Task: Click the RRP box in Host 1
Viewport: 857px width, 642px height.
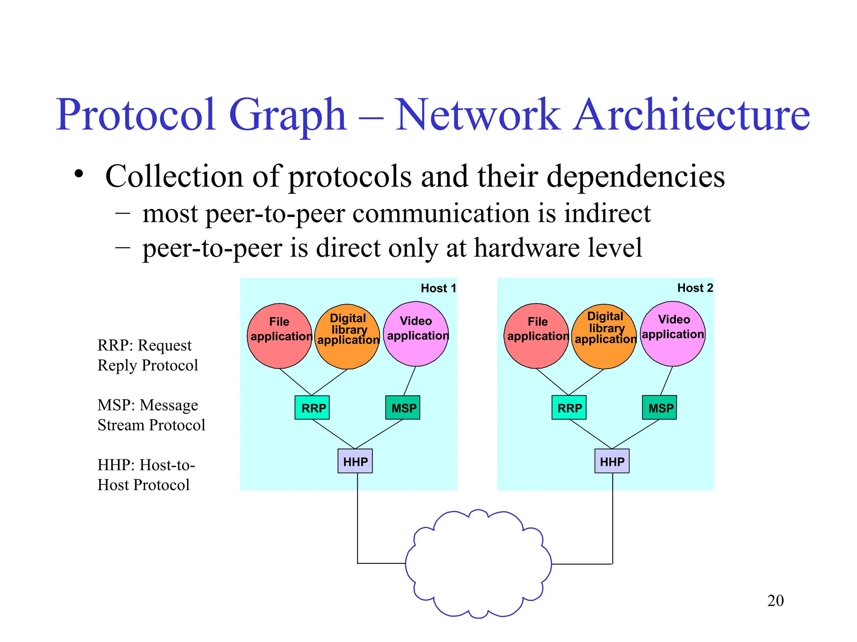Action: (312, 408)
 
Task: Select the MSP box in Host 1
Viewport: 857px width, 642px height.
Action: (403, 408)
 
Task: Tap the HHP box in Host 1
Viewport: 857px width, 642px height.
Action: (355, 461)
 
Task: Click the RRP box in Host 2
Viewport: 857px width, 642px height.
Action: (569, 408)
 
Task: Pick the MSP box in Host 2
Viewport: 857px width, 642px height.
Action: (659, 408)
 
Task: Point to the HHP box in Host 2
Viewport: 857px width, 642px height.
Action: (612, 461)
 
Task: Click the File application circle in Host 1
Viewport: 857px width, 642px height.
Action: (280, 336)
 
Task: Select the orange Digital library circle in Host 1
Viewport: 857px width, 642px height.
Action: (347, 337)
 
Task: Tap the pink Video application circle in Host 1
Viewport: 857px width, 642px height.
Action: (416, 334)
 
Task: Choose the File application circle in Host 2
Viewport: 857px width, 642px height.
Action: (536, 336)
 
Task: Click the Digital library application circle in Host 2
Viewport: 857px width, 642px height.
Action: (604, 337)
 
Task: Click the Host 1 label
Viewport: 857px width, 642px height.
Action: (438, 288)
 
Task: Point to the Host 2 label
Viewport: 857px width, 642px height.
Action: (695, 288)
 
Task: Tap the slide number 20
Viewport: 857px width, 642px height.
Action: (775, 601)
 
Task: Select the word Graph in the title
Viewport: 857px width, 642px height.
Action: (288, 115)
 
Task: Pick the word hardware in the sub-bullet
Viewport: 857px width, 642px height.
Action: (526, 248)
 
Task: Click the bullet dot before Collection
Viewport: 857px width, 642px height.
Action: (79, 174)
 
